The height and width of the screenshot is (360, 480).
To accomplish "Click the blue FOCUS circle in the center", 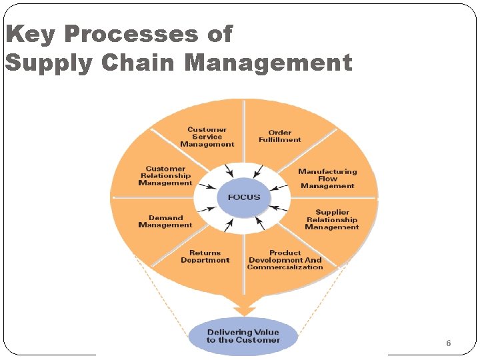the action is coord(243,197).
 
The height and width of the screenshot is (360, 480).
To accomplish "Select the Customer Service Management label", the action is coord(207,137).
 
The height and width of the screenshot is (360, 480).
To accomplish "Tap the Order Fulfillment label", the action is coord(280,136).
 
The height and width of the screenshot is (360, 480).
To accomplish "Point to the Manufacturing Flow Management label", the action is coord(327,179).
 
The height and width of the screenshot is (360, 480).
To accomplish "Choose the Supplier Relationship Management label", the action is coord(332,220).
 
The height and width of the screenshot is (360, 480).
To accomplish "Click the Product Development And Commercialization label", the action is coord(285,260).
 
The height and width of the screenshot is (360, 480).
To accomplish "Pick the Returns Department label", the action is coord(205,257).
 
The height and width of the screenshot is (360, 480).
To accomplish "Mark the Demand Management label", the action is coord(165,221).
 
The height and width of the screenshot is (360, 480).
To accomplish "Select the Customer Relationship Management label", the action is coord(165,176).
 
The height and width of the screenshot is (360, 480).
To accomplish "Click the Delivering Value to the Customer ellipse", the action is coord(243,336).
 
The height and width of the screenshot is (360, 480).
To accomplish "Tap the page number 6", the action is coord(448,343).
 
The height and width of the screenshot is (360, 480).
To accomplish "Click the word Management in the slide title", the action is coord(268,63).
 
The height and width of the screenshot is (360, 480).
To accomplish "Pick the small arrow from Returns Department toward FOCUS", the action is coord(230,225).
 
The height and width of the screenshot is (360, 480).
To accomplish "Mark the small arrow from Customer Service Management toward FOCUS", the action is coord(228,168).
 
